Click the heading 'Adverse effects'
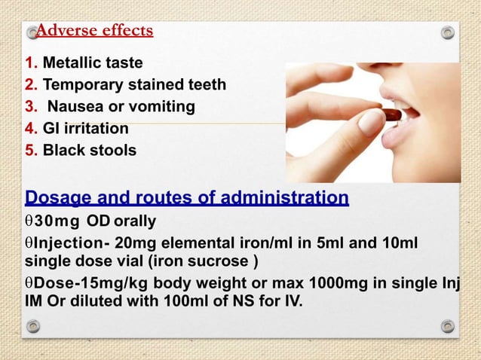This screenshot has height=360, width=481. pos(94,31)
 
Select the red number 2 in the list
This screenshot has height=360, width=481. pos(30,84)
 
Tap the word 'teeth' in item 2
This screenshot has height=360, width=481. pos(204,84)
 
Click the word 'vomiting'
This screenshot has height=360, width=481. pos(163,107)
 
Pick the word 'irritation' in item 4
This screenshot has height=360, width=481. pos(97,128)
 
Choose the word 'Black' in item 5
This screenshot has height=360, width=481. pos(65,150)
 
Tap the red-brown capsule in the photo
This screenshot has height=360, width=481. pos(391,115)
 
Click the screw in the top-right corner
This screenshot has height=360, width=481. pos(448,32)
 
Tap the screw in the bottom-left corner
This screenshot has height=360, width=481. pos(32,326)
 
